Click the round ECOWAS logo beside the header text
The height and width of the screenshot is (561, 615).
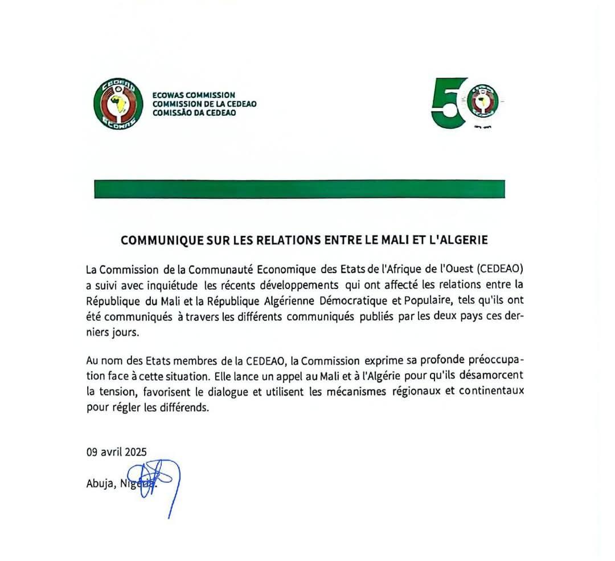pos(118,103)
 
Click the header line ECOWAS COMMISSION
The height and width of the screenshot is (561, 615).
pos(194,95)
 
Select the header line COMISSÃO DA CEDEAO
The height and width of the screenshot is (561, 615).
pos(194,113)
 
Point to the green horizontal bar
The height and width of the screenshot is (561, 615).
pos(300,189)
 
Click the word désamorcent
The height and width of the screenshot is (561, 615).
pos(497,377)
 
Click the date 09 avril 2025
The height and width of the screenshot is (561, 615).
pos(117,452)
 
